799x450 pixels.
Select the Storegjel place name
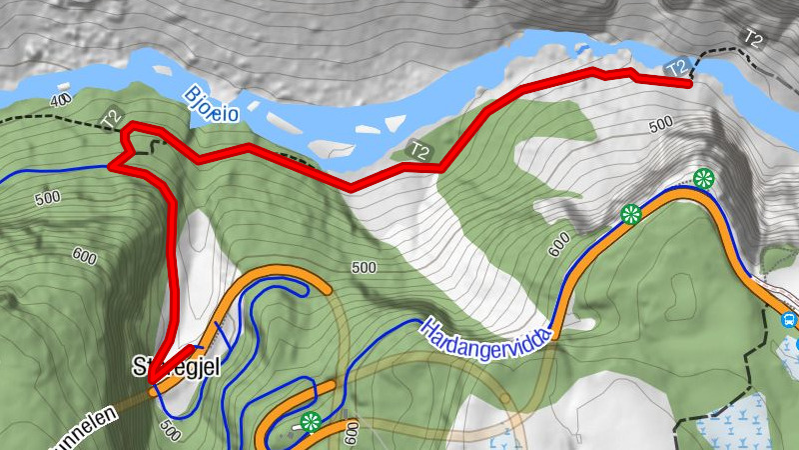click(176, 367)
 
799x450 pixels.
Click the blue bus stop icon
click(789, 321)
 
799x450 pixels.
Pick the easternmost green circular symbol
click(704, 180)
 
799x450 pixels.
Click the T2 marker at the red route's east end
click(677, 68)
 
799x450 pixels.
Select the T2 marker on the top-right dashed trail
click(753, 38)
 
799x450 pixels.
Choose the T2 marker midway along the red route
click(419, 152)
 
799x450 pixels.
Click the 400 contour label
click(62, 100)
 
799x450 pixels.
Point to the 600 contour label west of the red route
click(84, 257)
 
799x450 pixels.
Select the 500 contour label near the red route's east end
click(661, 125)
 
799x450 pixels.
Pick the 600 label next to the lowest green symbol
click(351, 432)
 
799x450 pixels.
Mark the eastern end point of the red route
click(688, 84)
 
